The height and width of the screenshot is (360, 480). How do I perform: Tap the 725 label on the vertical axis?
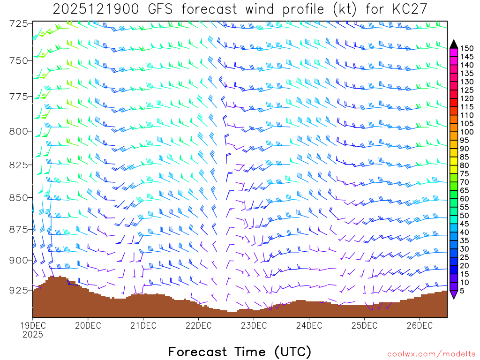[18, 23]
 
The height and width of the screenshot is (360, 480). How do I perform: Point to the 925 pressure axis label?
[18, 290]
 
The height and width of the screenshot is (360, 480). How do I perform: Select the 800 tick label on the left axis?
[18, 131]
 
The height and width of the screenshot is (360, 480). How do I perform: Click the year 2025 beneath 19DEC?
[32, 335]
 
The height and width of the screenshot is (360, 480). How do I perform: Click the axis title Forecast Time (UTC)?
[240, 352]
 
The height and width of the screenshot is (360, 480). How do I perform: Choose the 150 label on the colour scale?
[467, 48]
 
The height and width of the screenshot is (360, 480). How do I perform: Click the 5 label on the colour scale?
[463, 291]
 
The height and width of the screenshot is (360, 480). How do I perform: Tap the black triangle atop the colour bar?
[454, 44]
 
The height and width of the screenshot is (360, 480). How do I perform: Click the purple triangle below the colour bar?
[454, 294]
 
